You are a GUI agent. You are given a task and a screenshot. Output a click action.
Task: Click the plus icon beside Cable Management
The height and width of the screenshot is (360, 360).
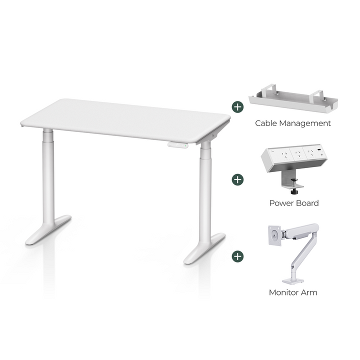coord(238,106)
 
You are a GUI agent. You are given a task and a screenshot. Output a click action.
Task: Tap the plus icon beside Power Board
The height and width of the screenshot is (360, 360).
coord(238,179)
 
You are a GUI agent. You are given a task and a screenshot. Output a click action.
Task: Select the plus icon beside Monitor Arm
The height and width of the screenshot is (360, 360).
coord(238,256)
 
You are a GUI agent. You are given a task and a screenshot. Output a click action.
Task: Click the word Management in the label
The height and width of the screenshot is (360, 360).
coord(306,123)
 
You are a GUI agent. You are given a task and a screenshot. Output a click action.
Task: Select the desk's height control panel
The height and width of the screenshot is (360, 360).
coord(178,145)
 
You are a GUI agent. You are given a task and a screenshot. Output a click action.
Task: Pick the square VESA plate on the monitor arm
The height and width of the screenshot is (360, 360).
coord(274,234)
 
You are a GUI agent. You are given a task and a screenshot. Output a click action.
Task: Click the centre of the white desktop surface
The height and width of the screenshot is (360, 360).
coord(125,119)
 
